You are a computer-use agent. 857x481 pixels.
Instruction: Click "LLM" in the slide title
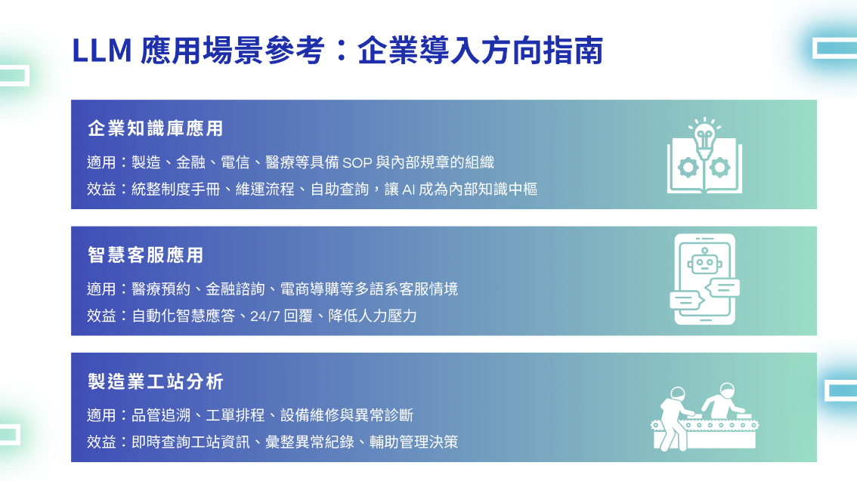click(x=102, y=51)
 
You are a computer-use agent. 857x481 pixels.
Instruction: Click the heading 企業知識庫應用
click(x=156, y=128)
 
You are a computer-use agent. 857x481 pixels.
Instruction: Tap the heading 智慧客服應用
click(x=146, y=255)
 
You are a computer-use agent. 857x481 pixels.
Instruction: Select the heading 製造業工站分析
click(x=156, y=381)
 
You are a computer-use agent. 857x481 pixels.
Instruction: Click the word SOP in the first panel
click(x=357, y=162)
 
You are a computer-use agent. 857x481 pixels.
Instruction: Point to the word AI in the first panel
click(x=408, y=190)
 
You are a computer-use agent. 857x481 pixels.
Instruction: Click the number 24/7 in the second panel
click(x=265, y=316)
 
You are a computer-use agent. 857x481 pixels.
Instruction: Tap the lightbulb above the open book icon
click(x=704, y=137)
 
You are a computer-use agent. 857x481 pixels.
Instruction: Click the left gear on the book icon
click(x=688, y=168)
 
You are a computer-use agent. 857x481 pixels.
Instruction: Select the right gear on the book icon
click(x=719, y=168)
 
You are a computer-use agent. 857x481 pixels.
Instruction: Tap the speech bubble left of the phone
click(x=687, y=301)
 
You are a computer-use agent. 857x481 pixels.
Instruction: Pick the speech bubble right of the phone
click(x=722, y=288)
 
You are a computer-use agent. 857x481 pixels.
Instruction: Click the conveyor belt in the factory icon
click(x=704, y=425)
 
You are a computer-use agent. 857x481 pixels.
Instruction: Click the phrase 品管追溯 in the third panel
click(x=161, y=415)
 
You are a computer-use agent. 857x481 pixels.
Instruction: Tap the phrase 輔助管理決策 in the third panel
click(x=413, y=442)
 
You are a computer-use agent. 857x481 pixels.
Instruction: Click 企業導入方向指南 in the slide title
click(x=481, y=51)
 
